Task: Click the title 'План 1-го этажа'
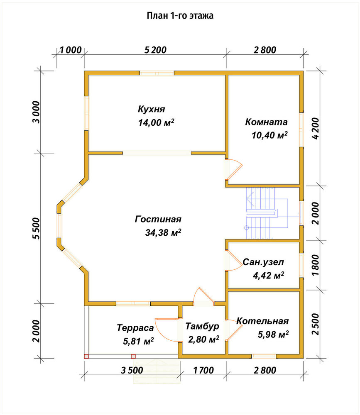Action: click(x=180, y=16)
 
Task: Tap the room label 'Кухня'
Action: click(x=151, y=109)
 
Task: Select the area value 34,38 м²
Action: click(x=163, y=233)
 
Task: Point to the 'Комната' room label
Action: click(x=266, y=122)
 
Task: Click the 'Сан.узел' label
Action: click(x=263, y=262)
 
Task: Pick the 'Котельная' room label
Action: click(x=262, y=321)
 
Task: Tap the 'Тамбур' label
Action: click(x=202, y=326)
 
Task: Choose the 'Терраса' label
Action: click(x=135, y=328)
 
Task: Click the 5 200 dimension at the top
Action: click(x=155, y=50)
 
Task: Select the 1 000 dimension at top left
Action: click(x=71, y=50)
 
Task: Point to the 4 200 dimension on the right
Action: click(x=316, y=128)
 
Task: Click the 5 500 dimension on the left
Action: click(x=36, y=228)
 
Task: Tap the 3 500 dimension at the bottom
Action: click(x=132, y=370)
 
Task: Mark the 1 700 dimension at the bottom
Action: click(x=203, y=370)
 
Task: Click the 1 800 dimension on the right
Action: click(x=316, y=265)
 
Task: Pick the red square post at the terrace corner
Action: click(x=86, y=356)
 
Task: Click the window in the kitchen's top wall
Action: click(x=157, y=73)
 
